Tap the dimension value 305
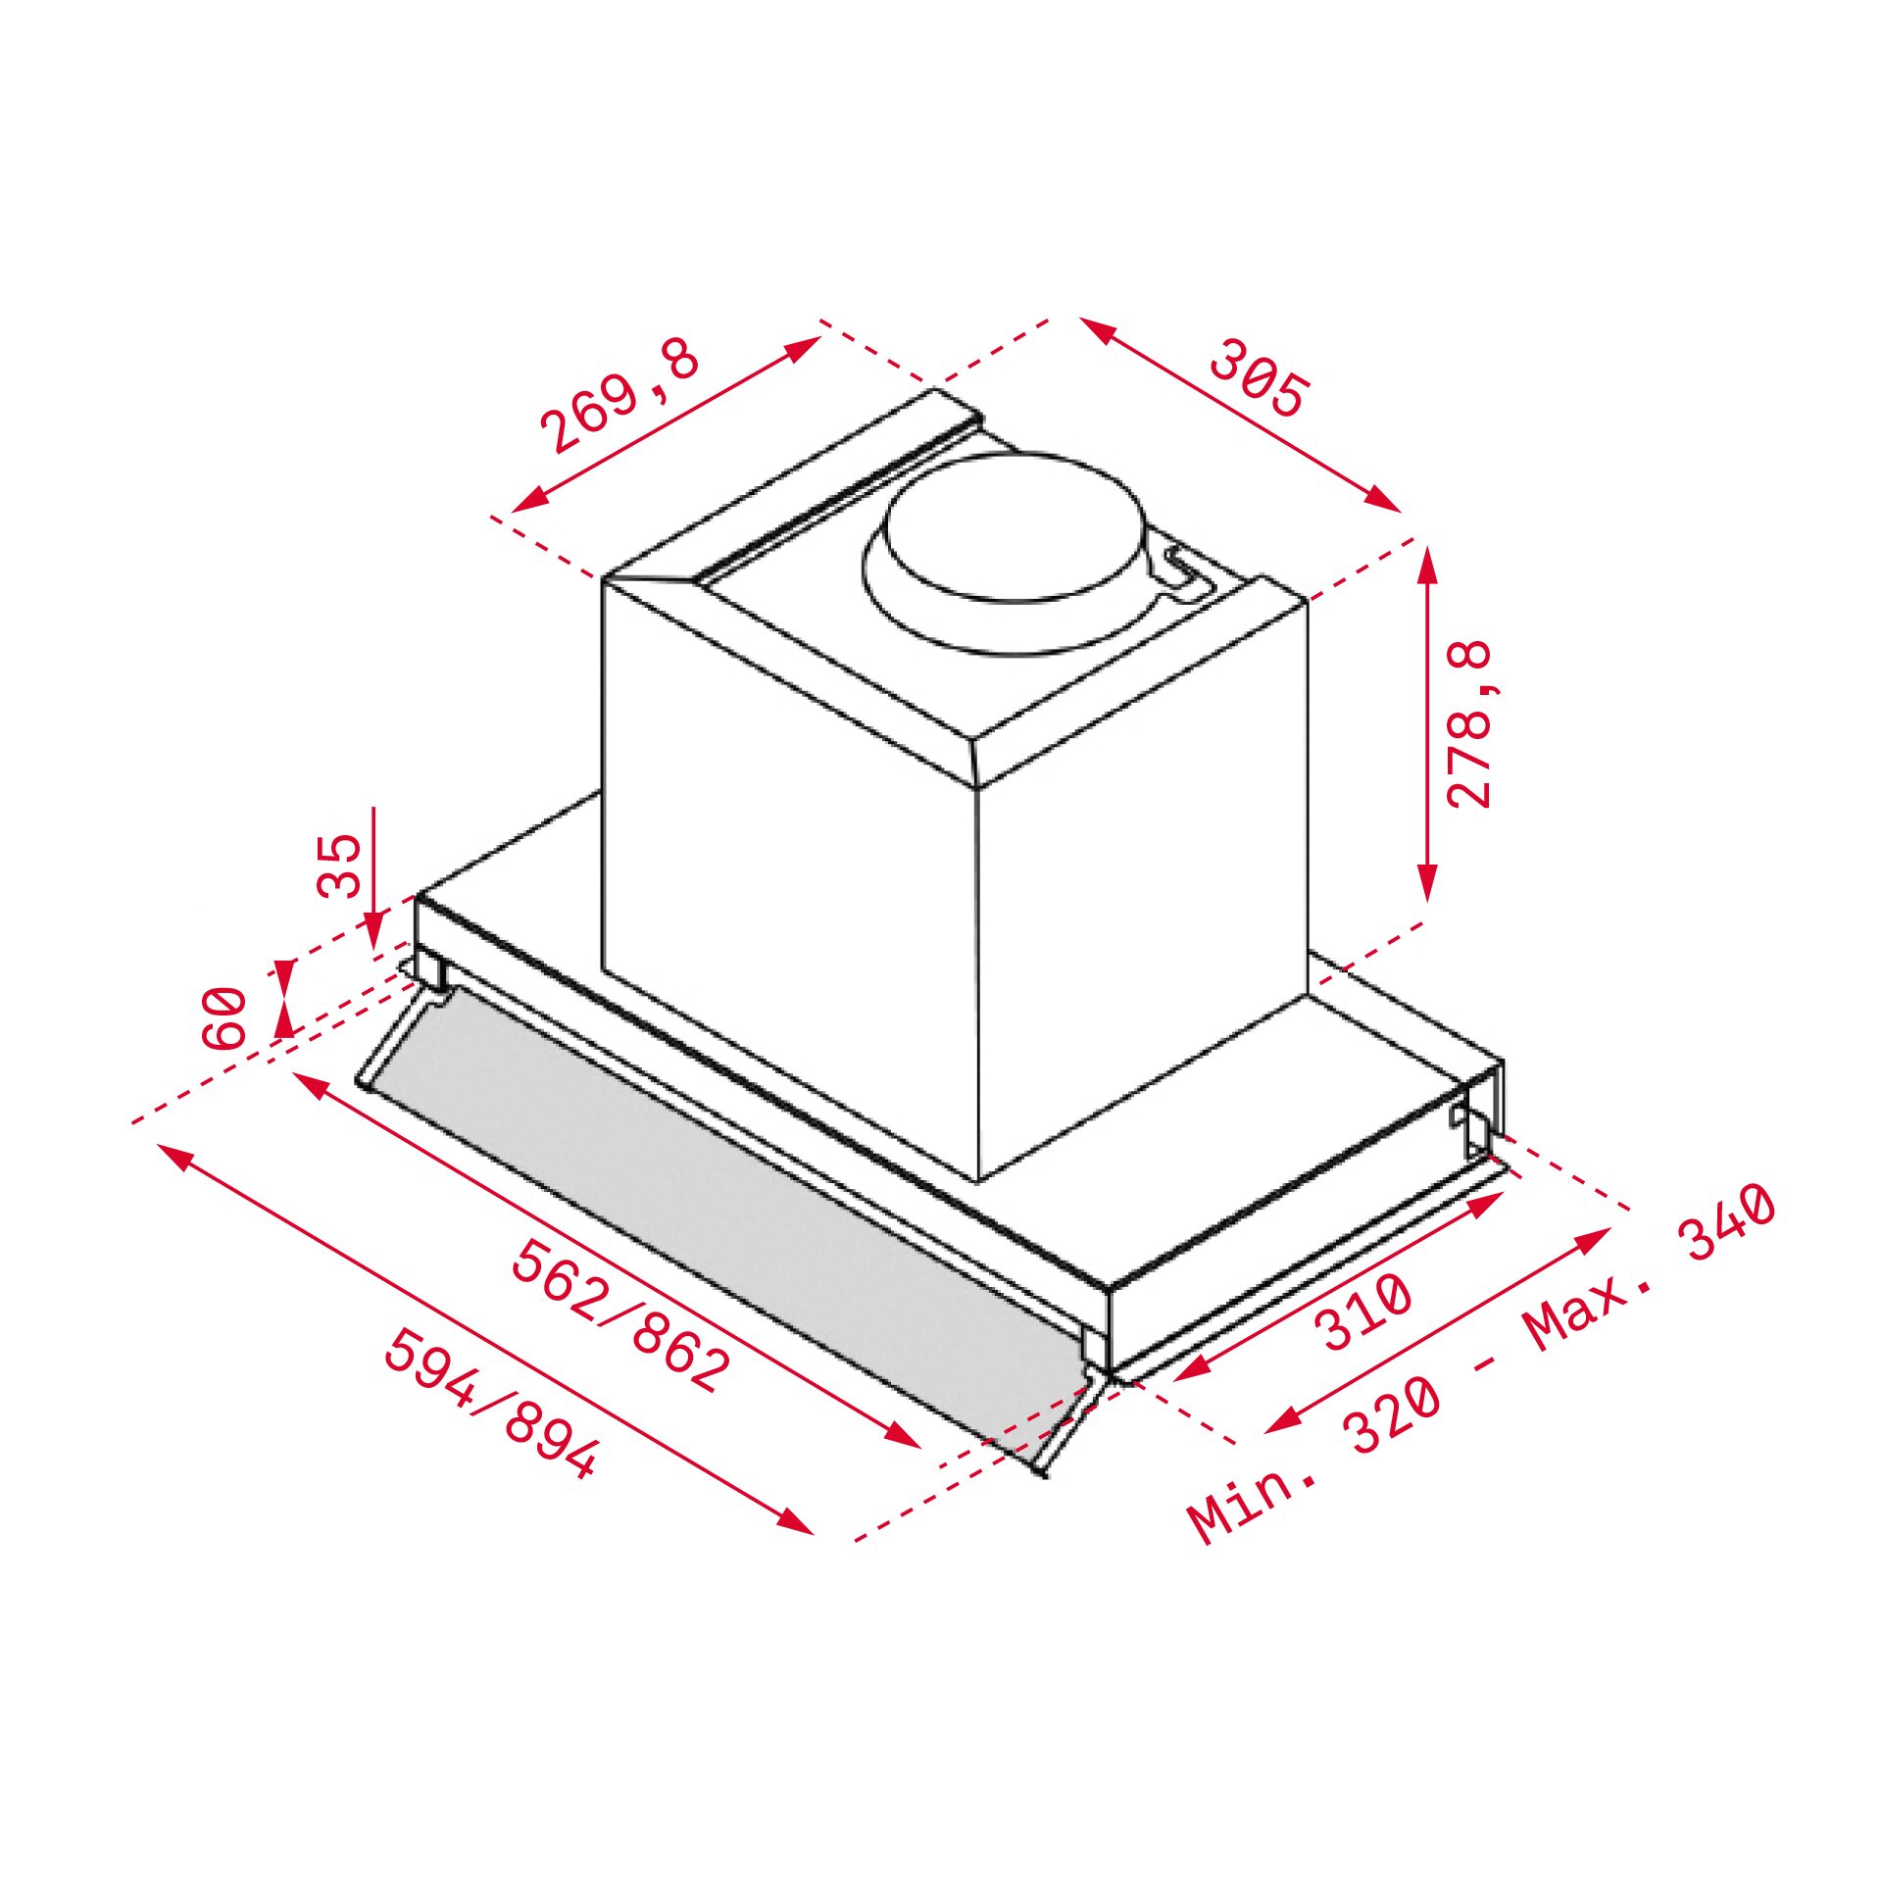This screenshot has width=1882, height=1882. (1258, 377)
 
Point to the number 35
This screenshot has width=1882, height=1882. (340, 866)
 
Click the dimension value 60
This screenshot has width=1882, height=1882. (224, 1018)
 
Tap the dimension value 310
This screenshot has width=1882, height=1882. (1363, 1312)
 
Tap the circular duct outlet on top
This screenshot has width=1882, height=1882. (1014, 529)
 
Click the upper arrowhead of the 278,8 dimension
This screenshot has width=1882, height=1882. (1427, 563)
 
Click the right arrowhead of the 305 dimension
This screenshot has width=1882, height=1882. (1386, 500)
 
